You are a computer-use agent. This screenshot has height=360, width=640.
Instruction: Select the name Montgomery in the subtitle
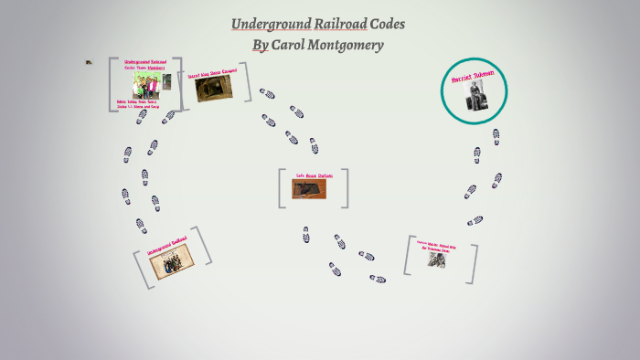(350, 45)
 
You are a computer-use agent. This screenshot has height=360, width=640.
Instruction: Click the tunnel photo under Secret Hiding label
(214, 89)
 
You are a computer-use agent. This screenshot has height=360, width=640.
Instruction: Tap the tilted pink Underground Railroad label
(167, 245)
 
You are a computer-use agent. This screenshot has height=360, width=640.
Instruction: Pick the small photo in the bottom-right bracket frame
(436, 259)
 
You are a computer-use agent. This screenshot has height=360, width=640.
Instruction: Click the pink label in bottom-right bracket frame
(437, 245)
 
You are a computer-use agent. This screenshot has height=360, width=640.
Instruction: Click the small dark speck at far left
(89, 62)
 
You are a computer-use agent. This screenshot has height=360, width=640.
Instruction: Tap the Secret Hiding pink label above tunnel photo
(211, 73)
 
